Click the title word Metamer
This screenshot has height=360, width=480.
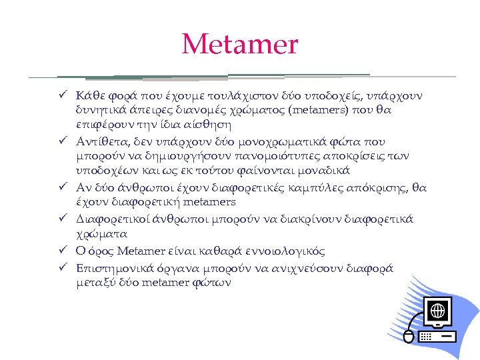click(240, 45)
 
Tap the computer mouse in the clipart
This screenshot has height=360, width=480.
click(409, 337)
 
